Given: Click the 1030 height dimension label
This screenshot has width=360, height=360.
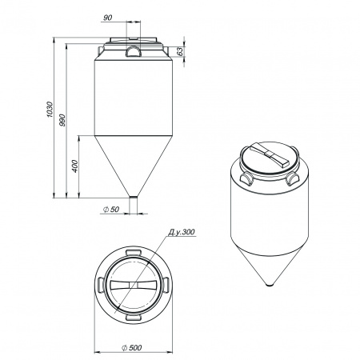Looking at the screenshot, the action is tap(50, 110).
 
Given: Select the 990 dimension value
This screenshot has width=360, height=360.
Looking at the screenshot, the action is tap(62, 120).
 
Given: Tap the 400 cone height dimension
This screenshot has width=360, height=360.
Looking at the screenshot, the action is tap(75, 166).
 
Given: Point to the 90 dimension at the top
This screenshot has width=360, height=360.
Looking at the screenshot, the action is tap(108, 18).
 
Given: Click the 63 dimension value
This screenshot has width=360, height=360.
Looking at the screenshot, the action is tap(181, 51).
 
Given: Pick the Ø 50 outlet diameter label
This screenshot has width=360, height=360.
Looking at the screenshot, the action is tap(111, 210).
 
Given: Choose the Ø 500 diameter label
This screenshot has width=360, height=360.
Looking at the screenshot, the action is tap(131, 348).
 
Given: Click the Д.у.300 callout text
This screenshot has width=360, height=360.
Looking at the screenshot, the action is tap(182, 232).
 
